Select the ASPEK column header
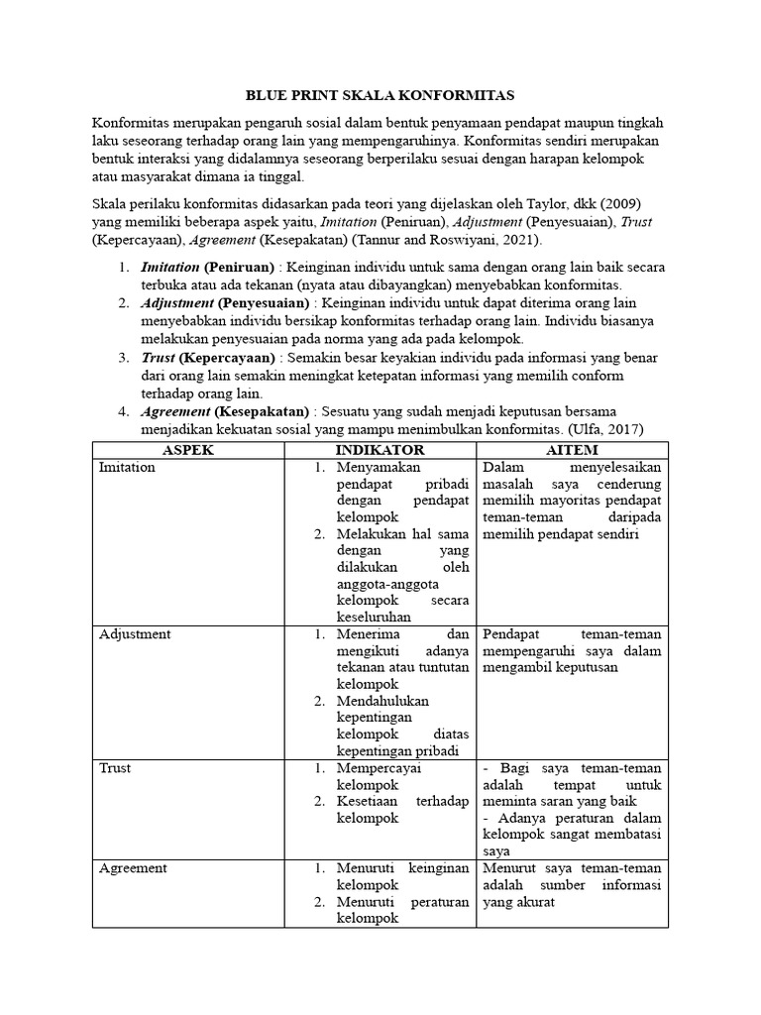click(187, 450)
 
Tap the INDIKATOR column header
click(380, 450)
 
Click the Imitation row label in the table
click(127, 467)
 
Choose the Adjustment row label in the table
click(135, 633)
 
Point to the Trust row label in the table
click(115, 767)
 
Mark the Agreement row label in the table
click(133, 867)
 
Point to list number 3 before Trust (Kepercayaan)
click(123, 357)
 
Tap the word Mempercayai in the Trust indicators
click(380, 767)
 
